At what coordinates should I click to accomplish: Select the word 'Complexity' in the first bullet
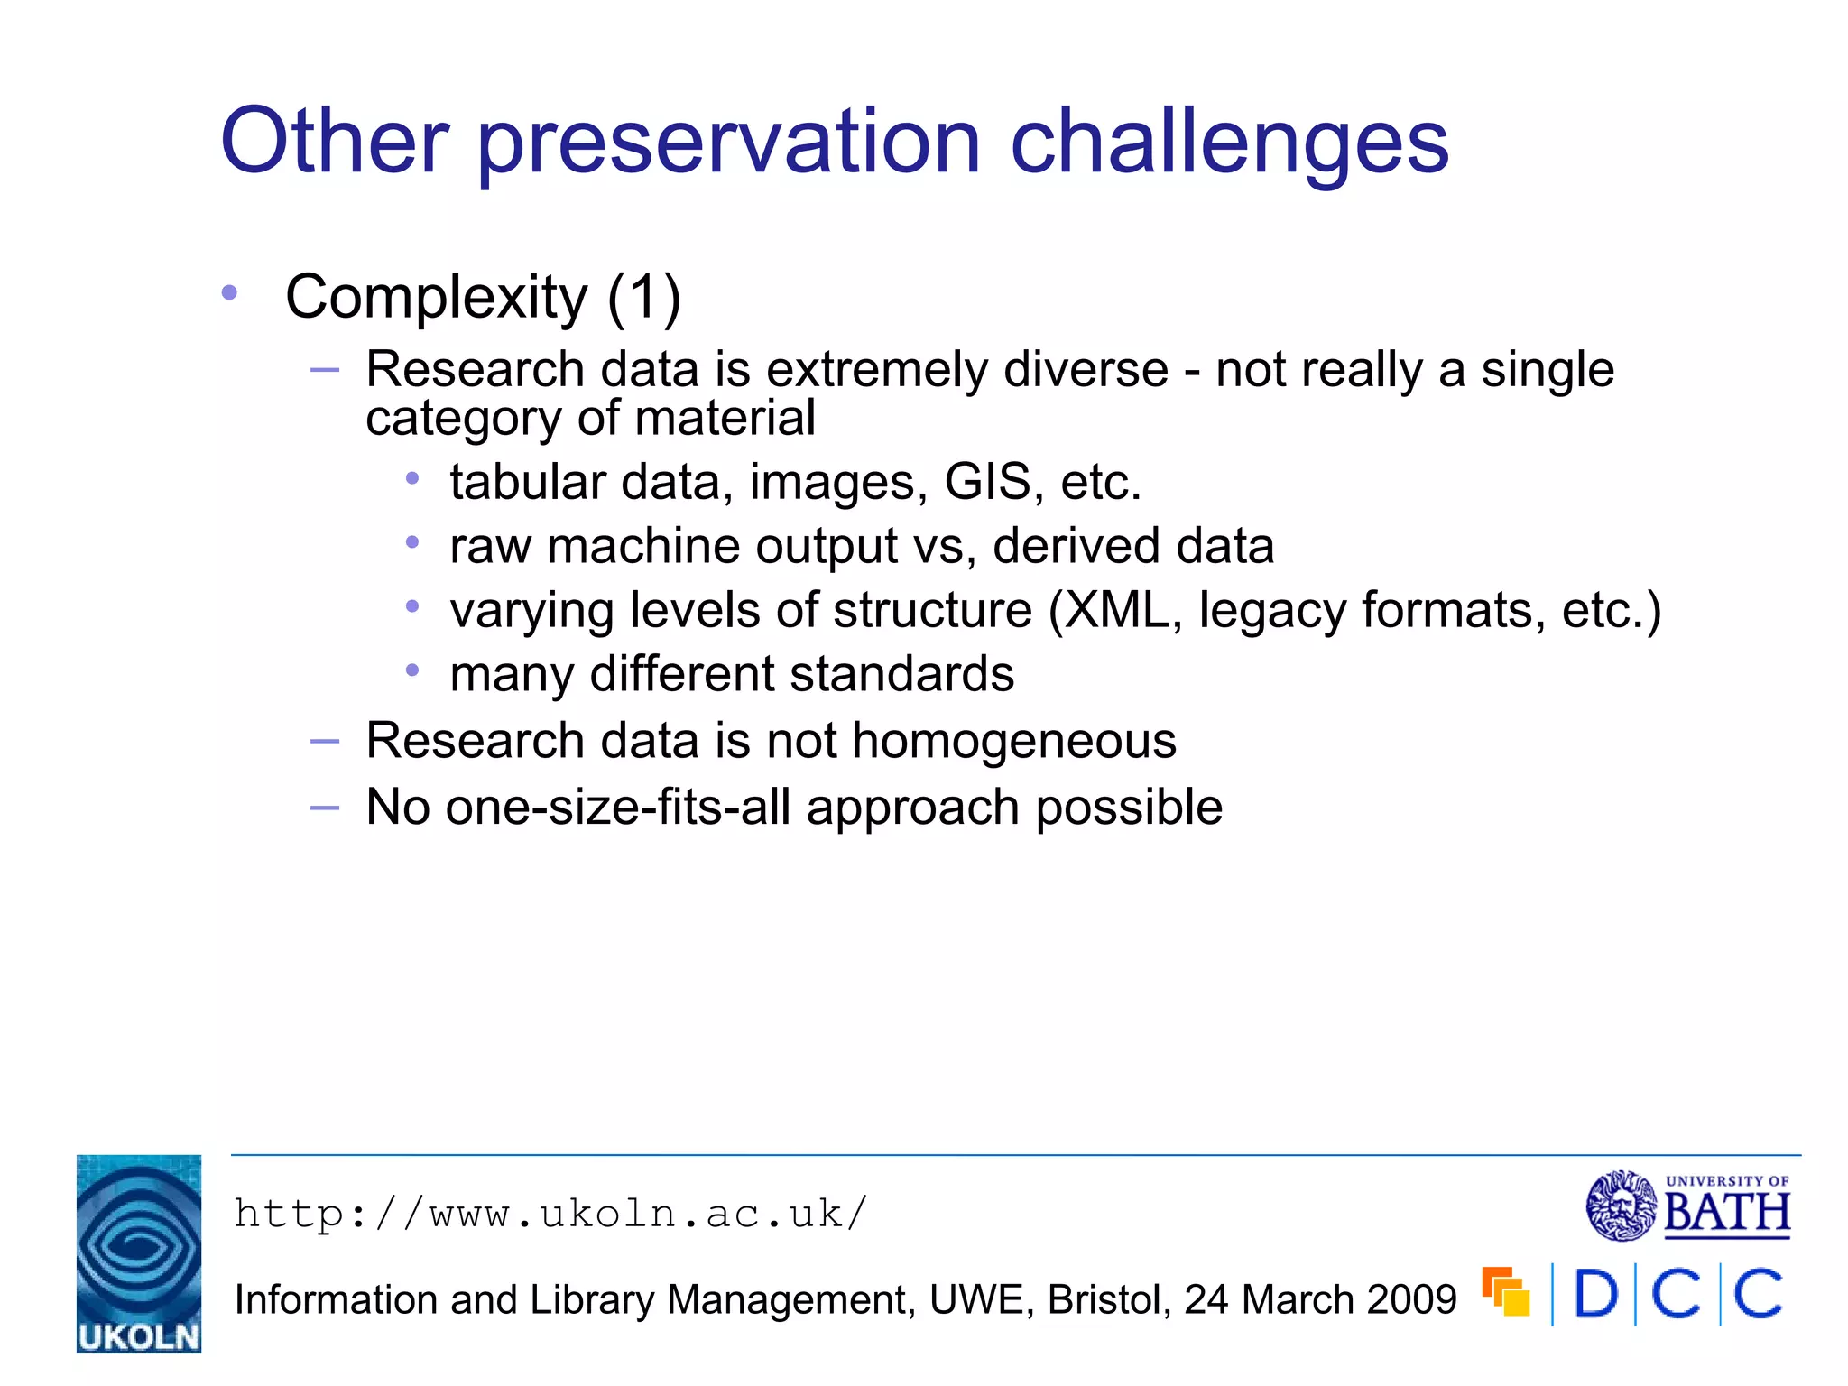pos(436,298)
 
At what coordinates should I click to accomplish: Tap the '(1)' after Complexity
pos(643,298)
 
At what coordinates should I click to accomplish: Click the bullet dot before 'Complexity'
pos(230,292)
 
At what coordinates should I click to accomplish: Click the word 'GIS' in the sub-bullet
pos(986,482)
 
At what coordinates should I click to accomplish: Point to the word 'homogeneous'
pos(1013,742)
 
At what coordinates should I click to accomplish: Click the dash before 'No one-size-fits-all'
pos(325,808)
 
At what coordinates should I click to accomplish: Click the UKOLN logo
pos(139,1253)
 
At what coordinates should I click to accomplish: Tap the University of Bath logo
pos(1687,1206)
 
